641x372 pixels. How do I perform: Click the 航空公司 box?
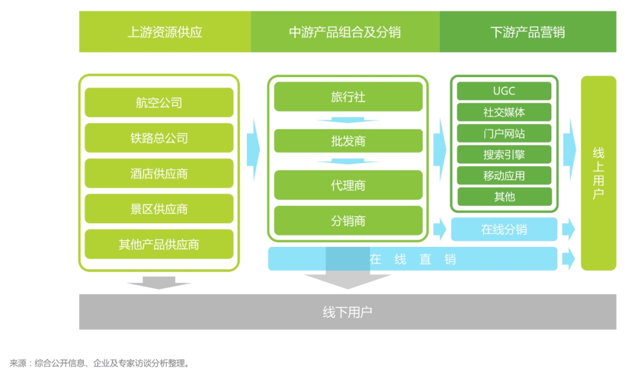click(x=159, y=103)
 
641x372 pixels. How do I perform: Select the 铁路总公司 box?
click(x=159, y=138)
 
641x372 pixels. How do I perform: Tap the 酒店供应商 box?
click(x=159, y=173)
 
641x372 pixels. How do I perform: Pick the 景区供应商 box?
click(x=159, y=209)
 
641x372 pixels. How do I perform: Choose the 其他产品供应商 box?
click(x=159, y=244)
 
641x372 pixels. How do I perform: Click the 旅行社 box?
click(x=348, y=97)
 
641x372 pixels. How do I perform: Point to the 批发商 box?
click(x=348, y=141)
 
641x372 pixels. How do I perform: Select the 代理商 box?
click(x=348, y=185)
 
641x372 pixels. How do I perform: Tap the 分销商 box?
click(x=348, y=221)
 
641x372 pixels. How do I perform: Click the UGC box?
click(x=504, y=91)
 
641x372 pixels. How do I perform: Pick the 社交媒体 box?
click(x=504, y=112)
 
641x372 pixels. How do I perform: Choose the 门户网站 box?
click(x=504, y=133)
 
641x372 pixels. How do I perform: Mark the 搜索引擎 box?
click(x=504, y=155)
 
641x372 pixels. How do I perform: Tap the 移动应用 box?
click(x=504, y=176)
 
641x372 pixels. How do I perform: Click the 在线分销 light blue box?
click(x=504, y=230)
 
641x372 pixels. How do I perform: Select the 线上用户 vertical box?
click(x=598, y=173)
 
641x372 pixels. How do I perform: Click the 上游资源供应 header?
click(x=165, y=32)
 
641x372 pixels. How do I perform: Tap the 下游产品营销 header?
click(x=528, y=32)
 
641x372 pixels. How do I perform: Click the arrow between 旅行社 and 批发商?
click(x=348, y=120)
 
